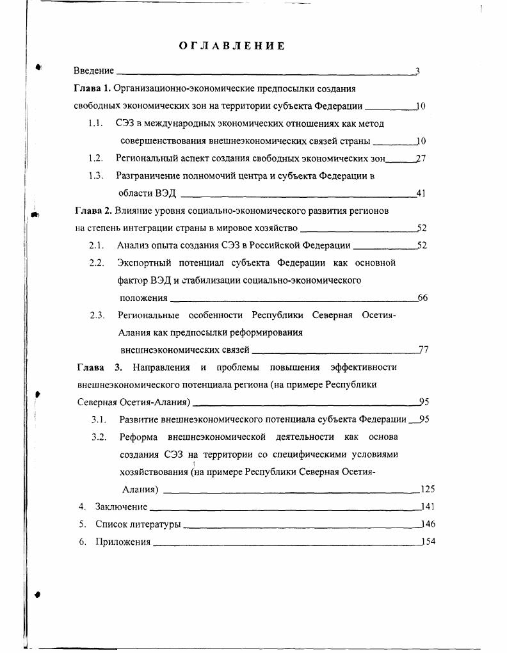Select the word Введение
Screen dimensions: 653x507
coord(93,71)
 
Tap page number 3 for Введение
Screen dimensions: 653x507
coord(417,71)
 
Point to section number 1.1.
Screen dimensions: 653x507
coord(96,123)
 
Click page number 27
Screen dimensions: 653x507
coord(421,158)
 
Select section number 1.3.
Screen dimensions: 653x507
coord(96,175)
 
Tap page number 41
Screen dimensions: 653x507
coord(421,193)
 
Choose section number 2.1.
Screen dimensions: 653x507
coord(97,245)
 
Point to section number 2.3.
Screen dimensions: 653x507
coord(97,315)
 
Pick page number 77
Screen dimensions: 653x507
coord(423,350)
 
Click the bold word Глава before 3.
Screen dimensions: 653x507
coord(90,367)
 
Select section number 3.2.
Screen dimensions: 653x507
coord(98,437)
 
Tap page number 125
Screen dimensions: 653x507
coord(428,490)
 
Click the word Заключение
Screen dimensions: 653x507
coord(121,507)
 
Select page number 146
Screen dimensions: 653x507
coord(428,524)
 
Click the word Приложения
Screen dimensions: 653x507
coord(123,542)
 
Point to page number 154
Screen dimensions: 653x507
coord(428,542)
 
